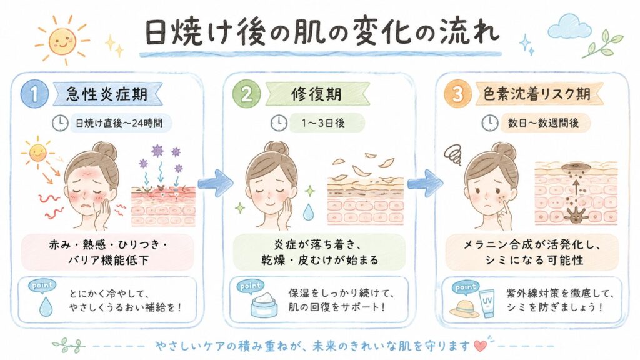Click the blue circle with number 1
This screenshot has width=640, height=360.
[x=35, y=94]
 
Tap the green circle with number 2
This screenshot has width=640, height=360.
[x=246, y=94]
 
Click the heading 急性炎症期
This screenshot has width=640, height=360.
[x=107, y=94]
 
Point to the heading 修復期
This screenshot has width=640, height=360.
[x=316, y=94]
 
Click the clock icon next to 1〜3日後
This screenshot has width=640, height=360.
[x=279, y=123]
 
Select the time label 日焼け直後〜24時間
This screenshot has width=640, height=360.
[x=119, y=123]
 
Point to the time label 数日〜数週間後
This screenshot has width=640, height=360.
[x=543, y=123]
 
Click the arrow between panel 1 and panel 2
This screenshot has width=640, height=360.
[x=215, y=183]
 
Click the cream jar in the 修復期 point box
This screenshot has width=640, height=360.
[x=264, y=305]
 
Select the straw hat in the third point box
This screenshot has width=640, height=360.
[x=464, y=309]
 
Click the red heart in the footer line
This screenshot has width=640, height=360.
[x=481, y=346]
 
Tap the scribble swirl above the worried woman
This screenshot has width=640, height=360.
[x=452, y=155]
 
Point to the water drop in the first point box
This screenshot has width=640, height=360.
[x=46, y=306]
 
